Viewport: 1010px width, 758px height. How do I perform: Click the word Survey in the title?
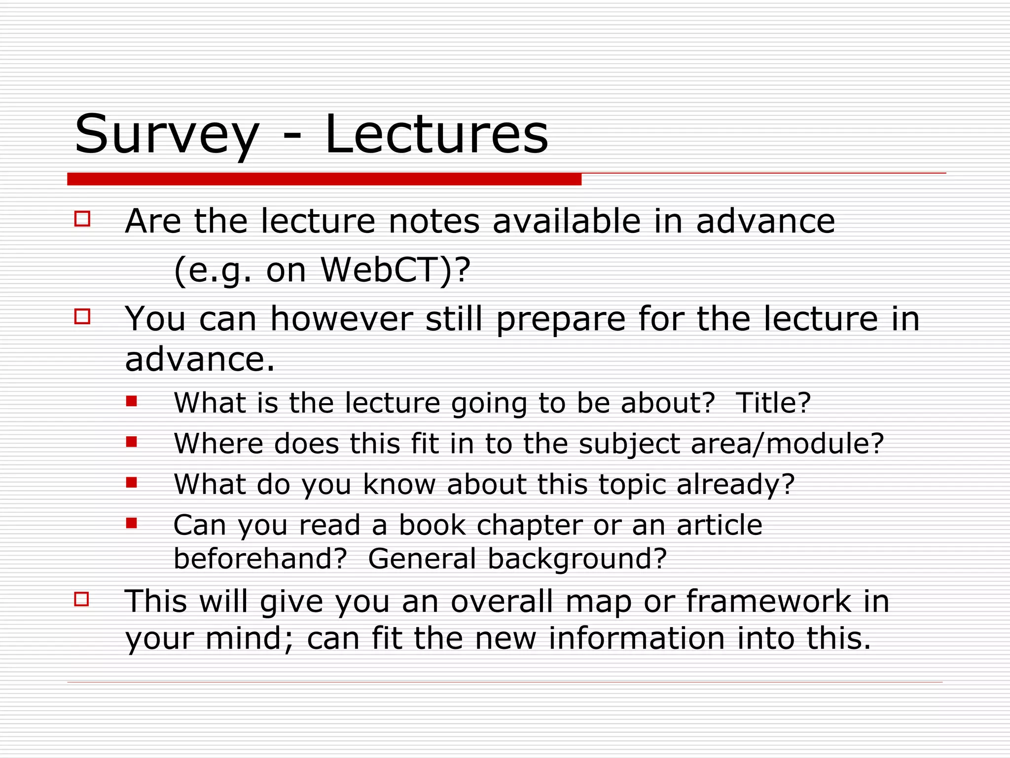pyautogui.click(x=167, y=134)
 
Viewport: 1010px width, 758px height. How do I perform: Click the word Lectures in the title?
pyautogui.click(x=436, y=134)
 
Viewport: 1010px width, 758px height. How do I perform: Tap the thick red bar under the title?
pyautogui.click(x=324, y=179)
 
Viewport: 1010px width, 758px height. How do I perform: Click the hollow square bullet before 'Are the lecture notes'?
pyautogui.click(x=82, y=219)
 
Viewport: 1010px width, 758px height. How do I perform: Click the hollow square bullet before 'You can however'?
pyautogui.click(x=82, y=316)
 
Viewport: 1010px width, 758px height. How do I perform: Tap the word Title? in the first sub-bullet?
pyautogui.click(x=773, y=403)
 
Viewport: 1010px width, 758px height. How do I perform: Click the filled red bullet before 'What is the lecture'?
pyautogui.click(x=131, y=401)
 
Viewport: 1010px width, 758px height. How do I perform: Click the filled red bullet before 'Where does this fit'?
pyautogui.click(x=131, y=441)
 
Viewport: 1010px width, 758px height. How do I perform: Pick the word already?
pyautogui.click(x=735, y=484)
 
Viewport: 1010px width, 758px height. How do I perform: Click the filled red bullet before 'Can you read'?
pyautogui.click(x=131, y=523)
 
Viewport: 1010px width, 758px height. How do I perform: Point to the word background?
pyautogui.click(x=577, y=559)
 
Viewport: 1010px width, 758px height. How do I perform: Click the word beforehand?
pyautogui.click(x=260, y=559)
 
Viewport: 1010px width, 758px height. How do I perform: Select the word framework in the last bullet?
pyautogui.click(x=768, y=601)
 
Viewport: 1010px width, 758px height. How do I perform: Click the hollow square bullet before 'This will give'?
pyautogui.click(x=82, y=599)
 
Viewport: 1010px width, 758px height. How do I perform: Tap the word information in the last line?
pyautogui.click(x=637, y=638)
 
